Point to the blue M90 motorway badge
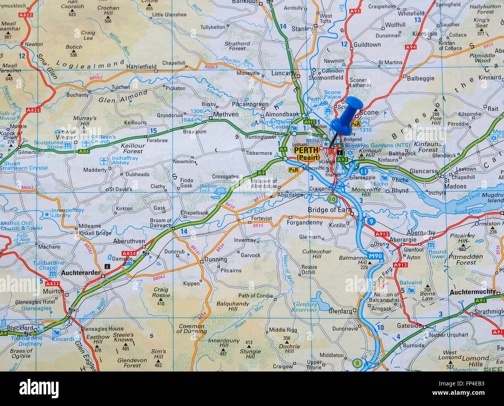pos(375,256)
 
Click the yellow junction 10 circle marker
pos(332,199)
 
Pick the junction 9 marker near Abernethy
pos(371,221)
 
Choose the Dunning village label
pos(216,259)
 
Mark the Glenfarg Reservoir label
pos(305,307)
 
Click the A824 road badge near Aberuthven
pos(129,253)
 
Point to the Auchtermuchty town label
pos(473,292)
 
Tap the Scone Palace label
pos(332,95)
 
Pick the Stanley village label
pos(302,29)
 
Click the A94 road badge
pos(411,47)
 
